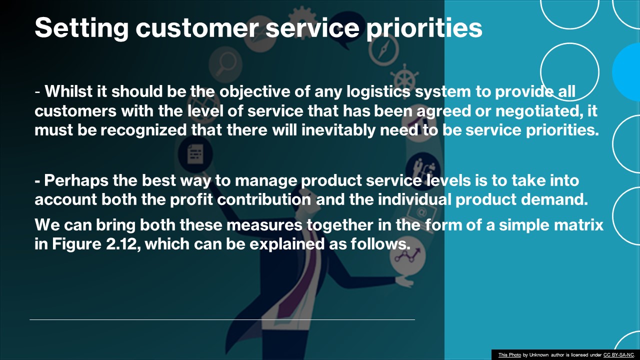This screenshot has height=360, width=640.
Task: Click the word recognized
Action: pos(144,129)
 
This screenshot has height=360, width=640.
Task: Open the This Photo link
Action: pos(509,355)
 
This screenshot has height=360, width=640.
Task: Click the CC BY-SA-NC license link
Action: pos(618,355)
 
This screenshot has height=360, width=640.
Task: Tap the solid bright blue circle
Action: pos(628,72)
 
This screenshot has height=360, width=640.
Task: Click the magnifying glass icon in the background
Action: pos(222,63)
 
